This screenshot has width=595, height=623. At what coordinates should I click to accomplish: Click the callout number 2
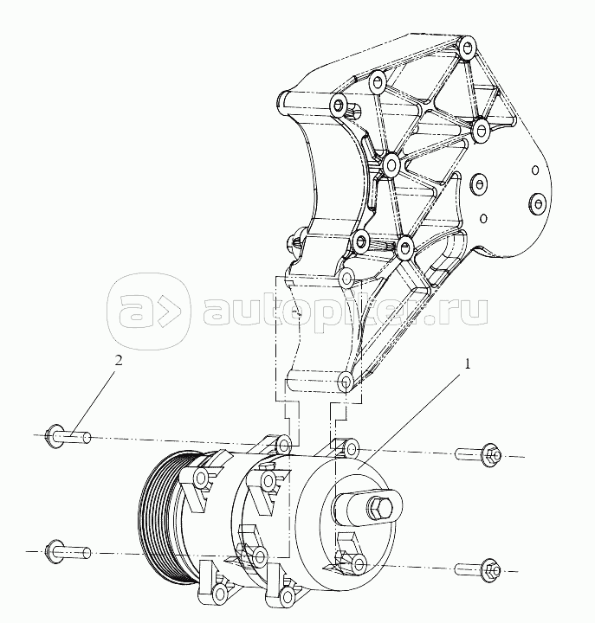point(120,360)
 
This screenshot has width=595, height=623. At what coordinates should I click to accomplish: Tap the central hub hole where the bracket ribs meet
point(391,162)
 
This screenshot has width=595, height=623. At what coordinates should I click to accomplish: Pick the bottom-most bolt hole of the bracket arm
point(345,381)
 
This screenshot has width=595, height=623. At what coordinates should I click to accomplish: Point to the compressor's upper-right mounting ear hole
point(351,447)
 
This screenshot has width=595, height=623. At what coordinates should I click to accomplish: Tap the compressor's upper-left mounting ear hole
point(283,447)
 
